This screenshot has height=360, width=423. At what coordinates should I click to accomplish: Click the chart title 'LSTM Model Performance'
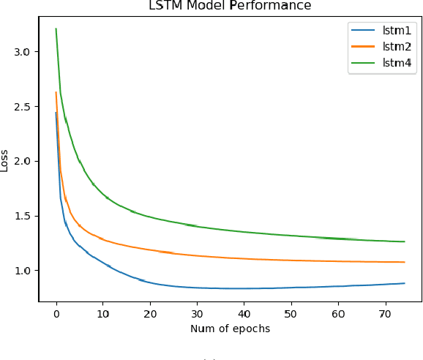230,6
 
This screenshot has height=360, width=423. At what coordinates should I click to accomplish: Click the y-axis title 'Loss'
5,161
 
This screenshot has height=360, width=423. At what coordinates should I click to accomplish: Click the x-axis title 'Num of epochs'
230,329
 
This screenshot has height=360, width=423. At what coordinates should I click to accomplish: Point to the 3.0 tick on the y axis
23,52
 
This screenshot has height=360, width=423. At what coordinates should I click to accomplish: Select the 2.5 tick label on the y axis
23,107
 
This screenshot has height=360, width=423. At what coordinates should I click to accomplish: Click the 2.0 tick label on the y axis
23,161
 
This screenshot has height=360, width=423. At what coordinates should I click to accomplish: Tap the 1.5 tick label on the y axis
23,216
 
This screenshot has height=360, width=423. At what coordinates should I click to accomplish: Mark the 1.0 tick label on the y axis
23,271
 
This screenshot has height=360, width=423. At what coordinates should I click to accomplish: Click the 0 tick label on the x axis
56,313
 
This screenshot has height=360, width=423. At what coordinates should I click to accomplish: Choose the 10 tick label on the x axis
103,313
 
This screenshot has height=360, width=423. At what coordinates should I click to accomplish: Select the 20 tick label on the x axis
150,313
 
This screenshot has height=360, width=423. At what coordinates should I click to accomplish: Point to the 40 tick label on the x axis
244,313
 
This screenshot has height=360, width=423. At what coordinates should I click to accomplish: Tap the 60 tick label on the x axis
338,313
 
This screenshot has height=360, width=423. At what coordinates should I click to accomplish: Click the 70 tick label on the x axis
385,313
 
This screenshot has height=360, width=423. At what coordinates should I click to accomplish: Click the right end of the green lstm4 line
404,241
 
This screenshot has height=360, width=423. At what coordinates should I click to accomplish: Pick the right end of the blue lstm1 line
404,283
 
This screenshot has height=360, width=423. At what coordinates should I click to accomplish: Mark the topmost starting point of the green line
56,29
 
